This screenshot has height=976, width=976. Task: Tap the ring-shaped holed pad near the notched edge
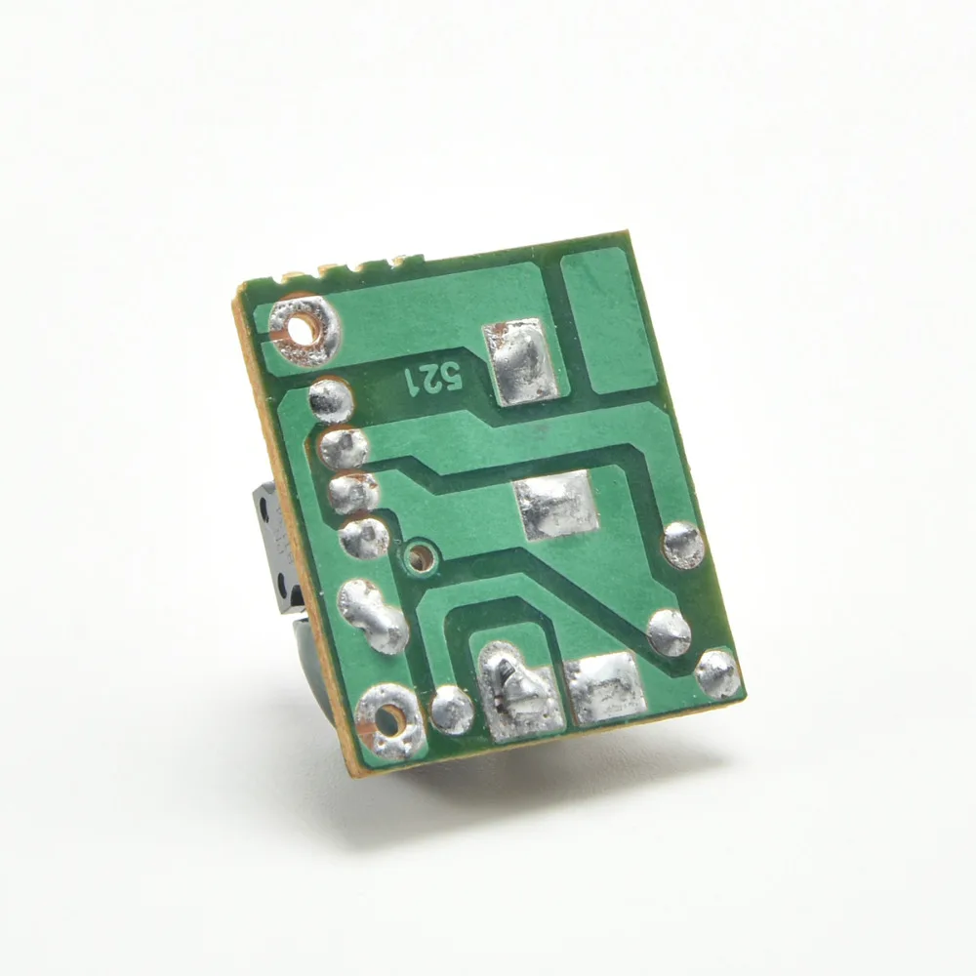pos(305,329)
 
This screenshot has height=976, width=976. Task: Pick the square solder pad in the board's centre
pos(556,505)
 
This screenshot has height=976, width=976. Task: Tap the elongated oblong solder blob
pos(372,616)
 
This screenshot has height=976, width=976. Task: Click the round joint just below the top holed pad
pos(331,401)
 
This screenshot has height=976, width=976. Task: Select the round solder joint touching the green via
pos(364,539)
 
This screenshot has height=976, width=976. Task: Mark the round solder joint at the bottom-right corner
pos(717,673)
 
